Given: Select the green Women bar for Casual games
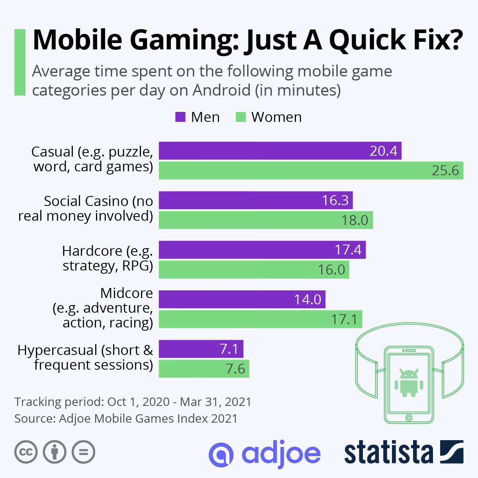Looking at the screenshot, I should coord(311,170).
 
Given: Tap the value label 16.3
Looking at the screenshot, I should coord(335,200).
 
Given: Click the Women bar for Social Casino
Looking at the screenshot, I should coord(266,220).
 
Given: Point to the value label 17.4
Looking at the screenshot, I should coord(348,250).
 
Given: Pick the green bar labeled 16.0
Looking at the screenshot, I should coord(254,270).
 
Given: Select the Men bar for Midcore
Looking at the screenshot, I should coord(242,299).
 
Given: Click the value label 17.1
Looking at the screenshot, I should coord(345,319).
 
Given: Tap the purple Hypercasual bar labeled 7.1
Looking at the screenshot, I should coord(201,349).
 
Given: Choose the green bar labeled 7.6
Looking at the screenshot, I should coord(204,369).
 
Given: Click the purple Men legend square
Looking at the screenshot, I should coord(180,117).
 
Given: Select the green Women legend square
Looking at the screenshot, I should coord(241,117).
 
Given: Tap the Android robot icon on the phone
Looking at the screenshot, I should coord(408,383).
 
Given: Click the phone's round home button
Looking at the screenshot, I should coord(408,417).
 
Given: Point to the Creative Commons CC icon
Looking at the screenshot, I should coord(26,452).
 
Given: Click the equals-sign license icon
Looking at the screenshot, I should coord(83,452).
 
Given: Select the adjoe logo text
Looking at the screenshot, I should coord(264,453).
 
